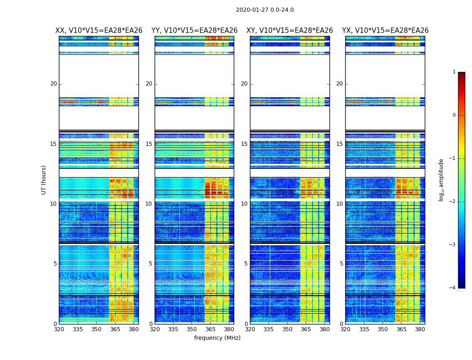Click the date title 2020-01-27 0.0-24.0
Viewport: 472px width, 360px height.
tap(265, 10)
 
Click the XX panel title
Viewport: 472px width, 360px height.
tap(99, 31)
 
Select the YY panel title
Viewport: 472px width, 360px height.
tap(194, 31)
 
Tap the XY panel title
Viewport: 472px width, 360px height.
tap(289, 31)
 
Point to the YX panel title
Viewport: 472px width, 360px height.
tap(385, 31)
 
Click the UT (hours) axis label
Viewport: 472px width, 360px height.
tap(44, 180)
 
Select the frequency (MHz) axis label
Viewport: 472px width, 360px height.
tap(217, 338)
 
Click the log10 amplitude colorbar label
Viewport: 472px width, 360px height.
tap(441, 180)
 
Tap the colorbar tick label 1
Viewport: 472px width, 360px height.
tap(454, 72)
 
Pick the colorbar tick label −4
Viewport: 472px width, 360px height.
tap(453, 288)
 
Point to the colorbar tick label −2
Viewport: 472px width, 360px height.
tap(453, 202)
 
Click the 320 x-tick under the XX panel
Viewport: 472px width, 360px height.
tap(59, 329)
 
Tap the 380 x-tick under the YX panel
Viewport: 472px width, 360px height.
tap(420, 329)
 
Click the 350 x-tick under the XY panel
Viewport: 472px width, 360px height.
tap(287, 329)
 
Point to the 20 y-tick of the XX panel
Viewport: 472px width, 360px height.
tap(53, 84)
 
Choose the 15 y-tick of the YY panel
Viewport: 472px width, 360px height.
tap(149, 144)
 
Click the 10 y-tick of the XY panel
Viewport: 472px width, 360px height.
tap(244, 204)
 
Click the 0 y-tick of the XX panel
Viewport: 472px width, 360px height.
tap(55, 324)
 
